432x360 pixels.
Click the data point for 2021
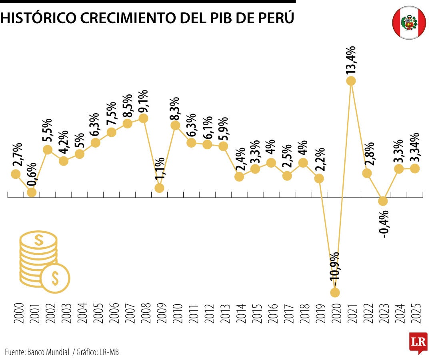[x=351, y=81]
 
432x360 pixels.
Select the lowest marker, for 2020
[x=335, y=292]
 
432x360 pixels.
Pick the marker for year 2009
[x=159, y=188]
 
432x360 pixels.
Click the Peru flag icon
[x=409, y=22]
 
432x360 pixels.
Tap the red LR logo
[x=418, y=343]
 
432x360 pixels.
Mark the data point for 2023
[x=383, y=201]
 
